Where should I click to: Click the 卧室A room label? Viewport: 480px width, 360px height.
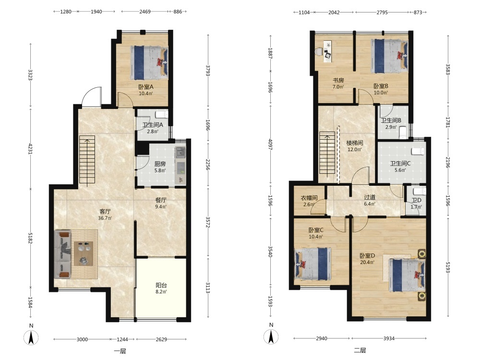pyautogui.click(x=146, y=87)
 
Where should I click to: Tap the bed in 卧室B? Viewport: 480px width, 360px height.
pyautogui.click(x=389, y=56)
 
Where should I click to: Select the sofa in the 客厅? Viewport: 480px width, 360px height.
pyautogui.click(x=62, y=254)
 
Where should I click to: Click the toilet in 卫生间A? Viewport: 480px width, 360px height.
pyautogui.click(x=161, y=115)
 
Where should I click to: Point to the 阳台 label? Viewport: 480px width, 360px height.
pyautogui.click(x=161, y=285)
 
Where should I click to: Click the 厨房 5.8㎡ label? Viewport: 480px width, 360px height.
pyautogui.click(x=160, y=167)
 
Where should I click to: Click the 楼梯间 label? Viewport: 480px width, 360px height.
pyautogui.click(x=355, y=143)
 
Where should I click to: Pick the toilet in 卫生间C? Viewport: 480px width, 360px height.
pyautogui.click(x=418, y=151)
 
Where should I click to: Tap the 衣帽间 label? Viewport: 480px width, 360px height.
pyautogui.click(x=309, y=198)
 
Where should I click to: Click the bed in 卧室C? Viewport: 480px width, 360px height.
pyautogui.click(x=312, y=264)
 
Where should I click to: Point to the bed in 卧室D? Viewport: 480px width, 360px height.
pyautogui.click(x=407, y=275)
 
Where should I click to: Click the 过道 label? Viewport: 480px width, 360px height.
pyautogui.click(x=370, y=197)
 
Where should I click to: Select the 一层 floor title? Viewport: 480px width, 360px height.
pyautogui.click(x=120, y=351)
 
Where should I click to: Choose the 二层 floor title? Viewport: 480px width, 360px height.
pyautogui.click(x=360, y=350)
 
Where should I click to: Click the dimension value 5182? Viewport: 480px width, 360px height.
pyautogui.click(x=30, y=238)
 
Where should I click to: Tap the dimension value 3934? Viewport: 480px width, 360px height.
pyautogui.click(x=389, y=338)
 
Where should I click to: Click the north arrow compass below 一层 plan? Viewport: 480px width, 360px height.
pyautogui.click(x=31, y=338)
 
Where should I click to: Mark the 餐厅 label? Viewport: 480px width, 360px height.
pyautogui.click(x=161, y=200)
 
